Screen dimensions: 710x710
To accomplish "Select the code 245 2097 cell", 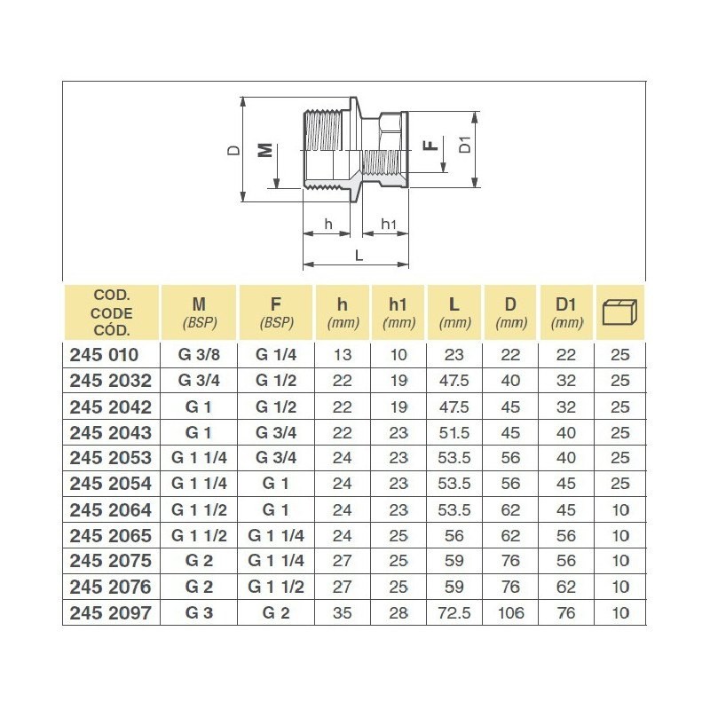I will pos(110,613).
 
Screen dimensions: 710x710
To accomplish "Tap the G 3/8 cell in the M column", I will pos(198,355).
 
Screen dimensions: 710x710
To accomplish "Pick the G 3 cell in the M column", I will pos(198,613).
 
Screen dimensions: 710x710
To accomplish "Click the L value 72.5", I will pos(454,613).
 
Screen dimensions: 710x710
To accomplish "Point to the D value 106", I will pos(511,613).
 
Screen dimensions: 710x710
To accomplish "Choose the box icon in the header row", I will pos(620,312).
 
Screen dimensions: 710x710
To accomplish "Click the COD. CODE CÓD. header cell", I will pos(111,312).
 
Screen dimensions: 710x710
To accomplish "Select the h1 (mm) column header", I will pos(398,312).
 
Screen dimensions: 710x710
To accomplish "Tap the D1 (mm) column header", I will pos(566,312).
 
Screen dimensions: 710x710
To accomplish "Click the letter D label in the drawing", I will pos(233,150).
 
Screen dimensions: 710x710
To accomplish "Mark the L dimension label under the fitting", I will pos(359,254).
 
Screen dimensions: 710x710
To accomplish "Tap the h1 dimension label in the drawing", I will pos(388,224).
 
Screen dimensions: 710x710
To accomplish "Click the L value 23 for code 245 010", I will pos(454,355).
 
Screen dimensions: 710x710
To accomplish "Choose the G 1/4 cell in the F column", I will pos(274,355).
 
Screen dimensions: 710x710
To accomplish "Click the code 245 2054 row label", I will pos(110,484).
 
